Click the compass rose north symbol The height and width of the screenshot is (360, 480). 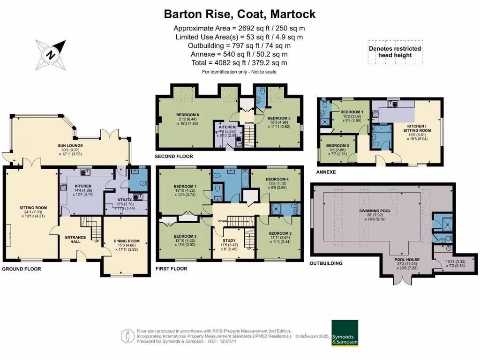tap(51, 53)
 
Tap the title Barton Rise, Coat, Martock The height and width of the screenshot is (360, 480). tap(240, 14)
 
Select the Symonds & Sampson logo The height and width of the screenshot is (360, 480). tap(345, 333)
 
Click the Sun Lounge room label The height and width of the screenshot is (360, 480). tap(70, 146)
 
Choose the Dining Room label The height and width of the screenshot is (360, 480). tap(127, 241)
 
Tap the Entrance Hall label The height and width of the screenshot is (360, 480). tap(75, 240)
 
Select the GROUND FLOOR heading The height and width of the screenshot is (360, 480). tap(22, 269)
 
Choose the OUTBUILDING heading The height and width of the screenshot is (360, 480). tap(326, 263)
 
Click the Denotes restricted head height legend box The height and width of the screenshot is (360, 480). tap(395, 52)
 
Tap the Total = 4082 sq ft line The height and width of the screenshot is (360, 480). tap(240, 63)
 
